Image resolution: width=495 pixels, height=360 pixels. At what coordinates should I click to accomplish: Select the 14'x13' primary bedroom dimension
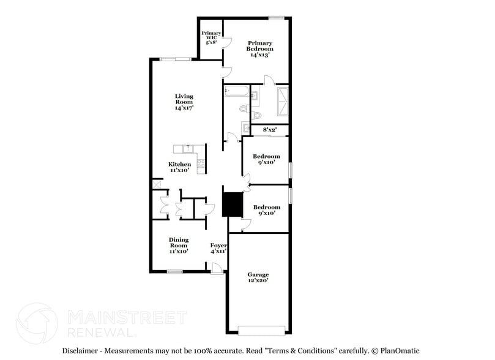pyautogui.click(x=259, y=54)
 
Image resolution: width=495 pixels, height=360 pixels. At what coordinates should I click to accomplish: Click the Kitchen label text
pyautogui.click(x=180, y=164)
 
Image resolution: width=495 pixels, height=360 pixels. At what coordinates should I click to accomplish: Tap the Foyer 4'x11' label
pyautogui.click(x=218, y=248)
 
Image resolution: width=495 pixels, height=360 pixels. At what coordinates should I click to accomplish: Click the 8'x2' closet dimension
pyautogui.click(x=270, y=130)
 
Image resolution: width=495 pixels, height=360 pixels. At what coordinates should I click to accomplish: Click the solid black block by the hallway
pyautogui.click(x=232, y=204)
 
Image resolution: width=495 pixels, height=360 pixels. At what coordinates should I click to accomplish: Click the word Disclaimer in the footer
pyautogui.click(x=81, y=351)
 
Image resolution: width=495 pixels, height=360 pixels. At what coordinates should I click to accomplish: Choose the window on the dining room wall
pyautogui.click(x=174, y=271)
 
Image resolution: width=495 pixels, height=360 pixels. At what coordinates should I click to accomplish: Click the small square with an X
pyautogui.click(x=157, y=184)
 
